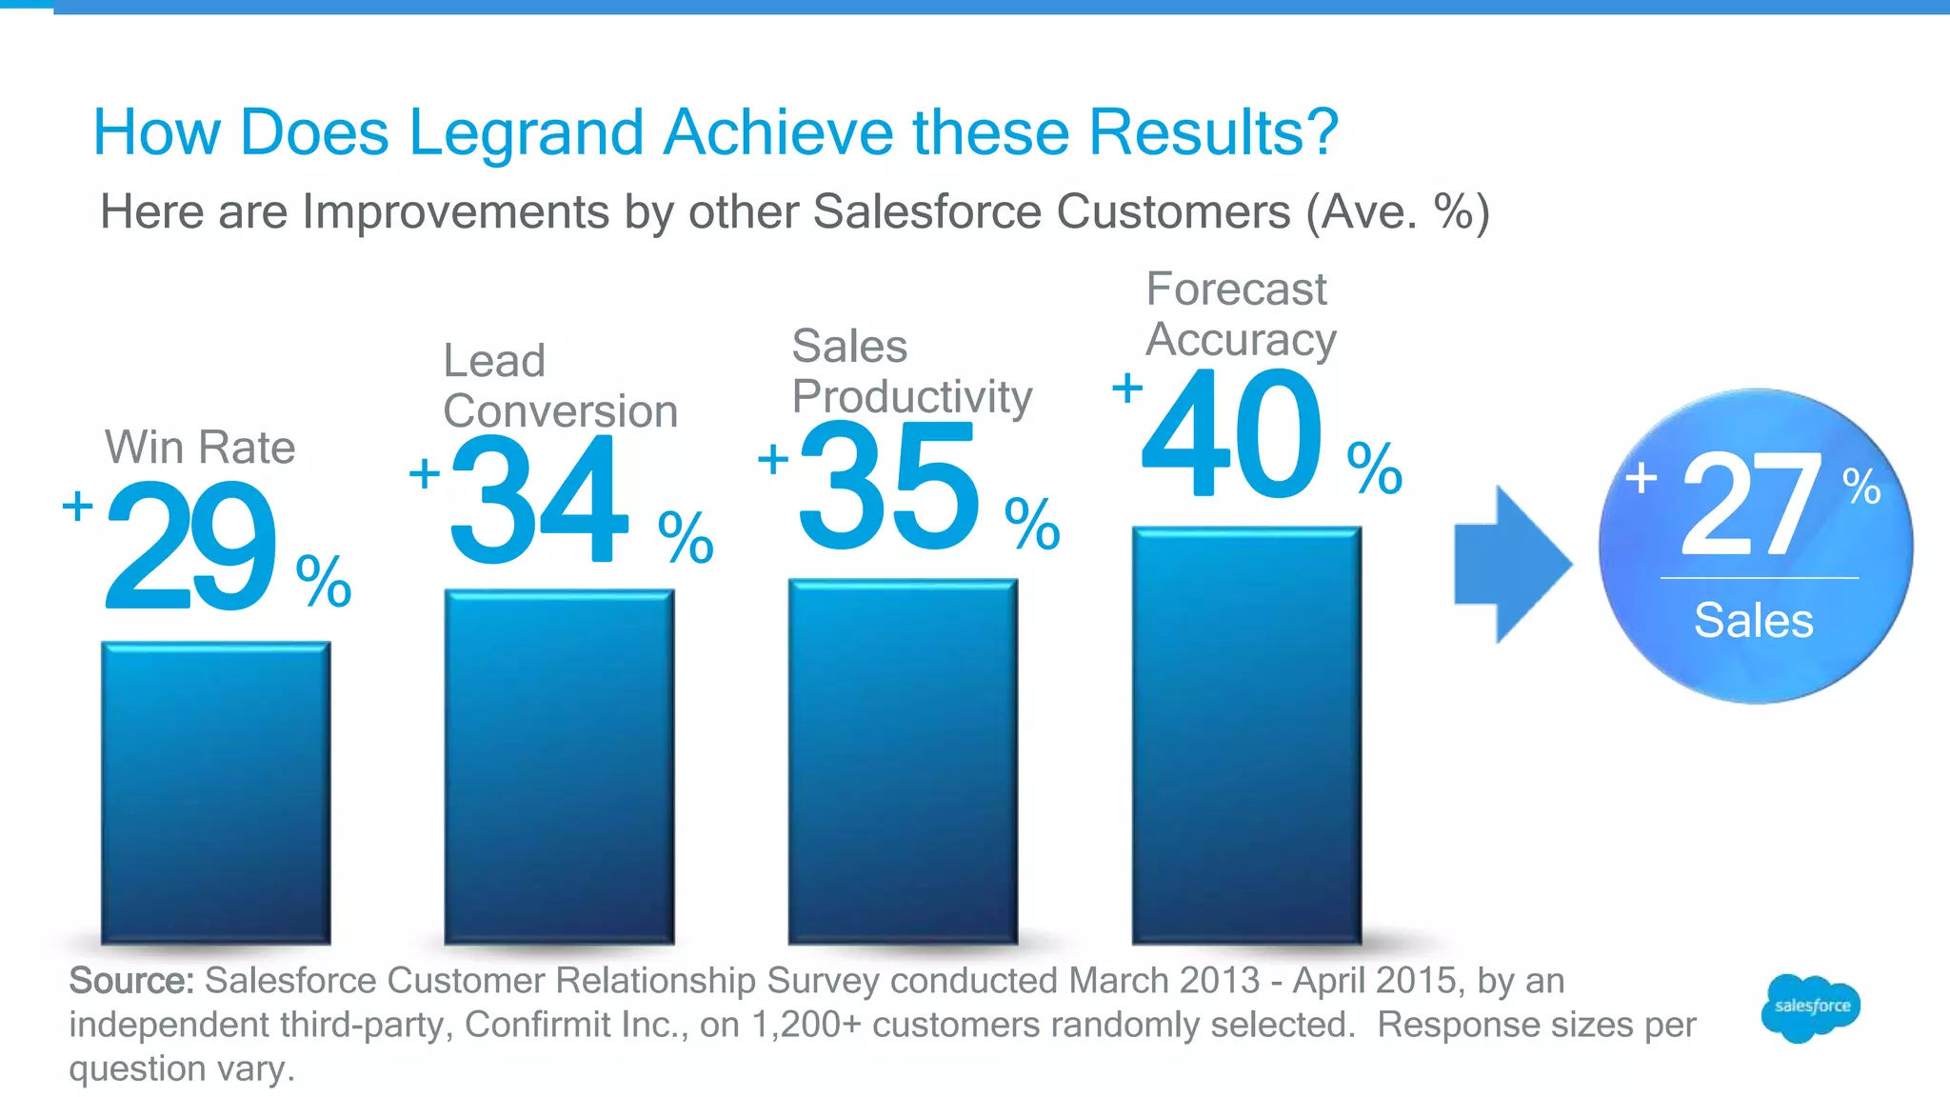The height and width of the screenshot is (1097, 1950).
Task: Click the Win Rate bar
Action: [x=216, y=792]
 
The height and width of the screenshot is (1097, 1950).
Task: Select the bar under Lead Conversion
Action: [x=559, y=767]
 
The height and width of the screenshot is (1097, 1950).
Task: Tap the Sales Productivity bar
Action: [x=903, y=762]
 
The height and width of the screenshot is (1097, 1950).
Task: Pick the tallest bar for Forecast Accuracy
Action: [x=1246, y=735]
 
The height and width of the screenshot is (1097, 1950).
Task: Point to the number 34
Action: [x=539, y=499]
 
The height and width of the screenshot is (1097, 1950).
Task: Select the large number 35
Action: [x=887, y=486]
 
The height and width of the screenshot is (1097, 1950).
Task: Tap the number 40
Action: [x=1233, y=433]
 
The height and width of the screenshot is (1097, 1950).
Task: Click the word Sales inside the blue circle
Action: [x=1754, y=621]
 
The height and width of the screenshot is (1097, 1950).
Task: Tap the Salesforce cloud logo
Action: [x=1811, y=1007]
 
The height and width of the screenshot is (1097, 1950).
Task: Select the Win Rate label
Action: [x=200, y=447]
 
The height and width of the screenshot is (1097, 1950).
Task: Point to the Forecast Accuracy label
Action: [x=1240, y=314]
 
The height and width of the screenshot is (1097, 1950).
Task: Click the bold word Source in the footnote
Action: [x=131, y=981]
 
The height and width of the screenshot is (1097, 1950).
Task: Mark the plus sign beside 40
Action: [x=1127, y=389]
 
